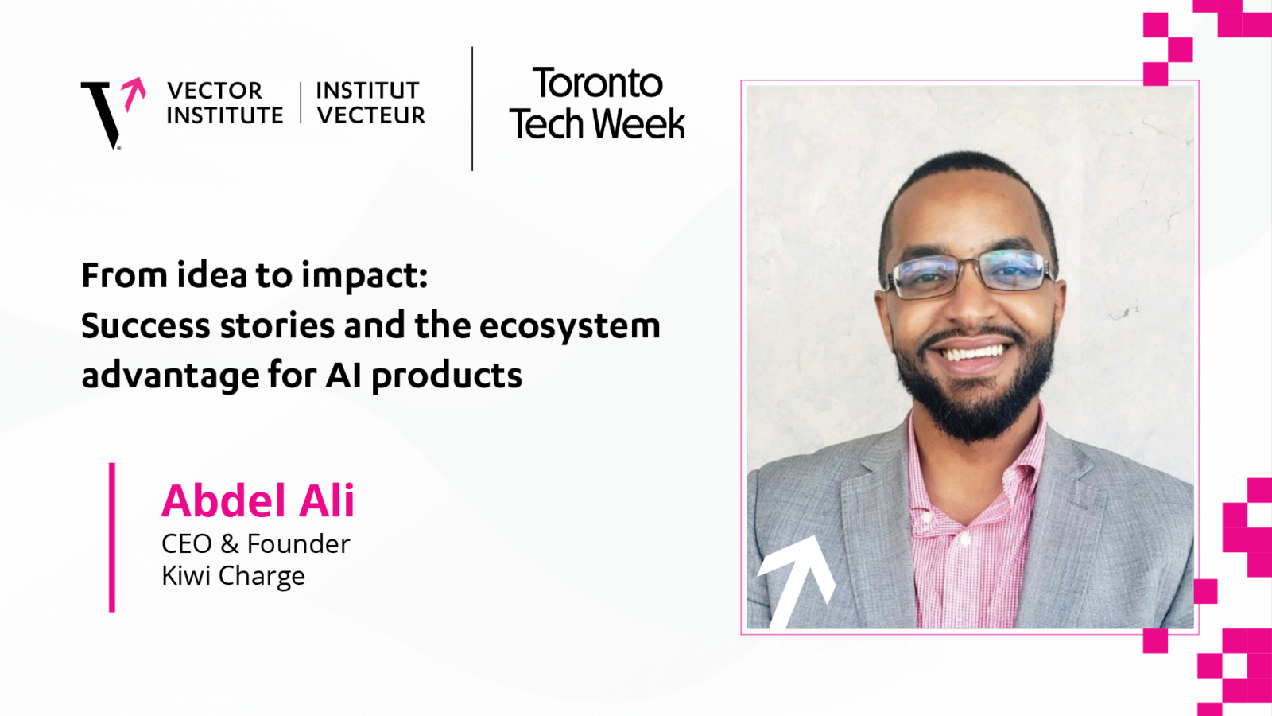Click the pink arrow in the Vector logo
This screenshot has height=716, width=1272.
[134, 92]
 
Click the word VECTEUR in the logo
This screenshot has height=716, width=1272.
[370, 115]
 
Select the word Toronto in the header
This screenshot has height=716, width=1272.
[597, 83]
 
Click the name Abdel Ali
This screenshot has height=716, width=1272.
[258, 500]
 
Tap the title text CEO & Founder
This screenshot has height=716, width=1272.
[255, 544]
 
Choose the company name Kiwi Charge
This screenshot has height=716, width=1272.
[234, 576]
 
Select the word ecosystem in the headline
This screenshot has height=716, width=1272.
[569, 327]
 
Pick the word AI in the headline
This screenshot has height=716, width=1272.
[343, 376]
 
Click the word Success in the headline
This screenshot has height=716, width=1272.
[145, 325]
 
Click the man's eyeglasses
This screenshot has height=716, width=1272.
[970, 274]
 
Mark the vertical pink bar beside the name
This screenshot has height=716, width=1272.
[112, 538]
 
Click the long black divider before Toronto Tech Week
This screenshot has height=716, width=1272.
[472, 108]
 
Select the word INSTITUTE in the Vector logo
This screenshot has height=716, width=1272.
[225, 115]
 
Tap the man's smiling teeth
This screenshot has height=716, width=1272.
[973, 353]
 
